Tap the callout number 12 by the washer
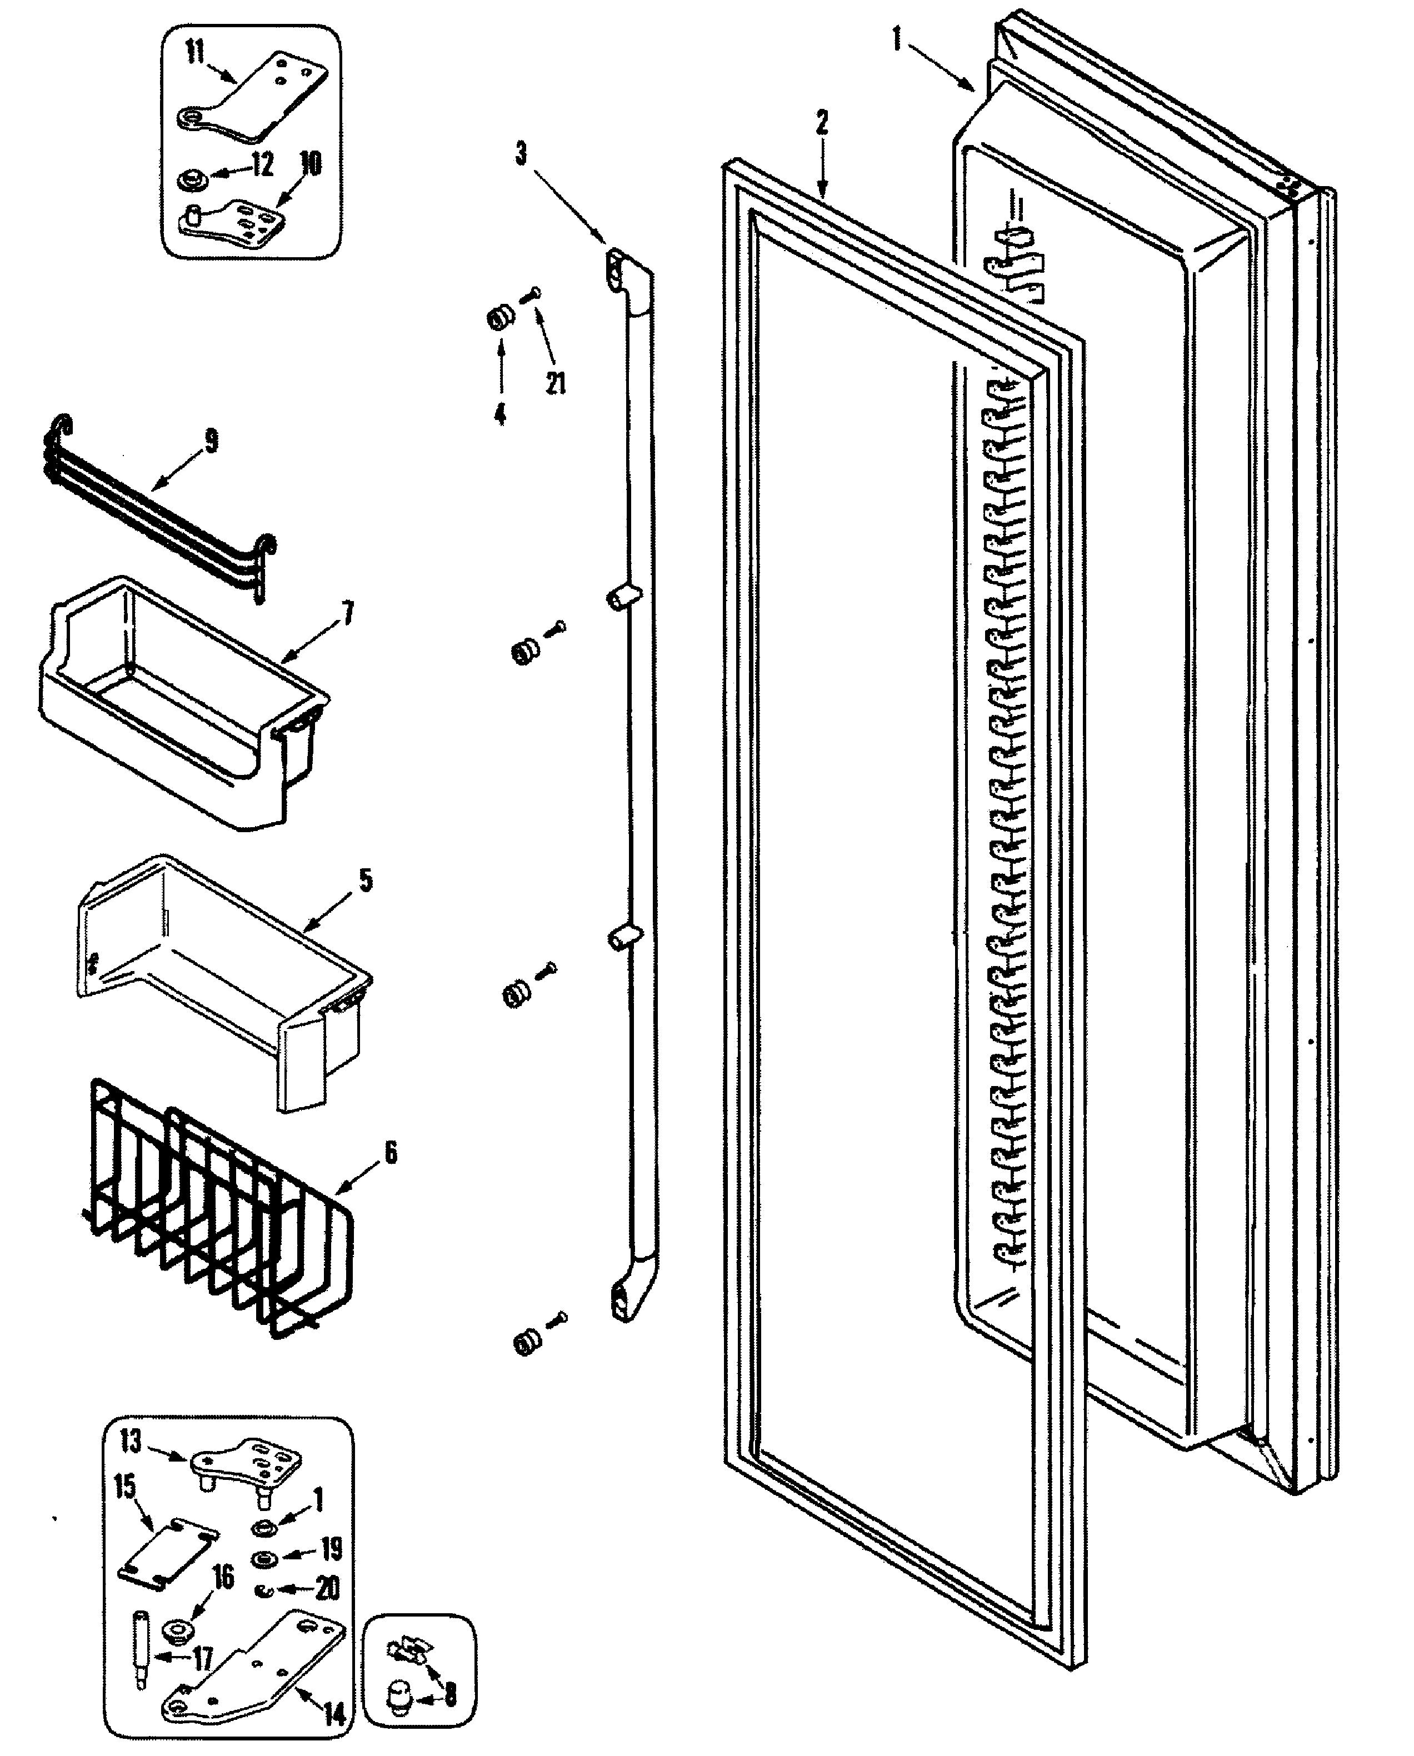click(x=262, y=166)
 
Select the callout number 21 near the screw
click(x=556, y=383)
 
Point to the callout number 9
click(x=212, y=442)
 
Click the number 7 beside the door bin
click(x=348, y=613)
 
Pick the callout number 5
click(x=366, y=880)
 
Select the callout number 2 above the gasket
click(x=822, y=123)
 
